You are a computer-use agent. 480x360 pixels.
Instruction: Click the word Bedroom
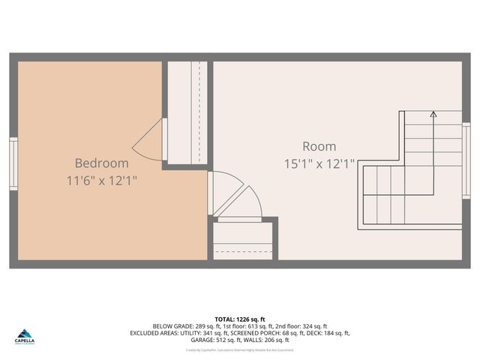click(101, 163)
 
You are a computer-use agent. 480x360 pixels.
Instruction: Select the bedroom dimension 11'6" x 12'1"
click(101, 181)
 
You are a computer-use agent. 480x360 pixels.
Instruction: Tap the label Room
click(319, 146)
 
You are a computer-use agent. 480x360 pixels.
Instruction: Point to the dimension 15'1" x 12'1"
click(319, 163)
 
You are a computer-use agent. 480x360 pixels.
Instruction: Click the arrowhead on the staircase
click(433, 115)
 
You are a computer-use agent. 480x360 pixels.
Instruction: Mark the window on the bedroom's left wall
click(13, 163)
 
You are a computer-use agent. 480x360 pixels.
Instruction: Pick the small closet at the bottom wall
click(242, 241)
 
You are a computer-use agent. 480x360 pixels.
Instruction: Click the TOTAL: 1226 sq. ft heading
click(240, 319)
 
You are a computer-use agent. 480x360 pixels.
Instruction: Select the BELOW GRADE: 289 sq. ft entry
click(183, 326)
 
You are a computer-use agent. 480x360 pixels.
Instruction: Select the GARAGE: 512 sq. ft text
click(213, 340)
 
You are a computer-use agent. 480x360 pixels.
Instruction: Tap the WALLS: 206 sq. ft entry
click(267, 340)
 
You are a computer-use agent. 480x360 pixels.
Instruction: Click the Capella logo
click(24, 337)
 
